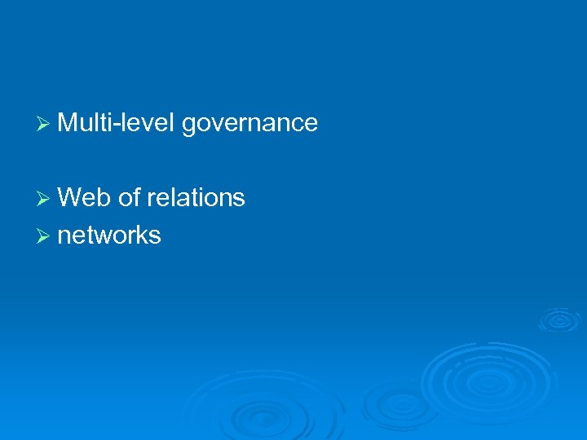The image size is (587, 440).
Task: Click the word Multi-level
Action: coord(117,123)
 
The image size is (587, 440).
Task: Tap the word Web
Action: coord(85,197)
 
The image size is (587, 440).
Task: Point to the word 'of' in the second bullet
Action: coord(129,197)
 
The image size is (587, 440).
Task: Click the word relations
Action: coord(196,197)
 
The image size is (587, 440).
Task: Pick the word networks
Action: coord(109,235)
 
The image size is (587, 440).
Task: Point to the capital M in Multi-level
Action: coord(68,123)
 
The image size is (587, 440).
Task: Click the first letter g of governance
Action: coord(189,126)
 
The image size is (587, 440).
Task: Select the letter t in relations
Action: coord(201,197)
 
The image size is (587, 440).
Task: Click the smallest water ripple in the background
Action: coord(558,319)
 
